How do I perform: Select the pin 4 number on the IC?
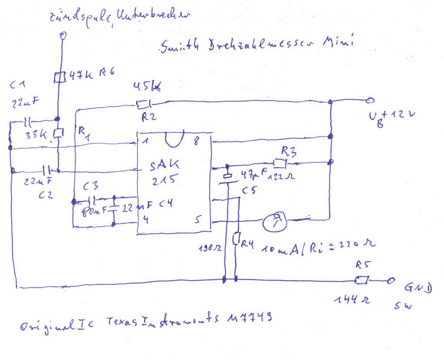145,219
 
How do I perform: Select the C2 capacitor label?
47,195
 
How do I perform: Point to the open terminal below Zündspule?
63,35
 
